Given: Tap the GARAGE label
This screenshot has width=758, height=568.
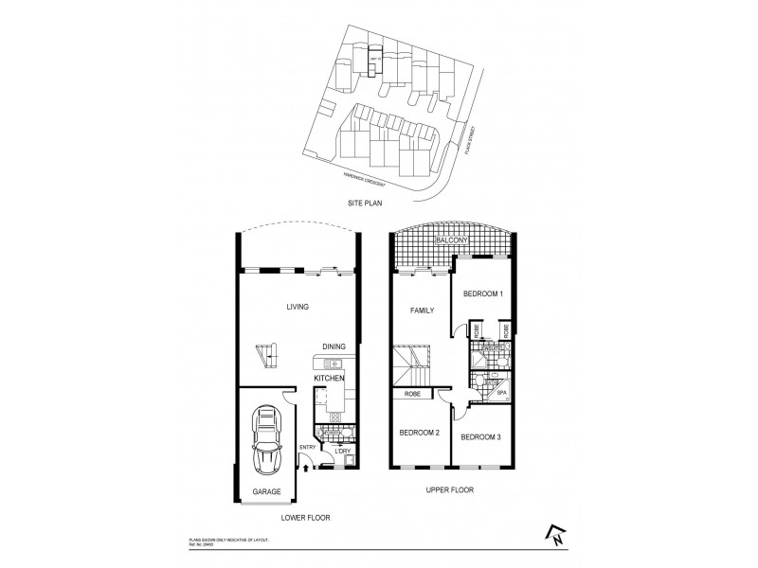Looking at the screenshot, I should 266,491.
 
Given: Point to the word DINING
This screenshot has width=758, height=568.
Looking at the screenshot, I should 334,346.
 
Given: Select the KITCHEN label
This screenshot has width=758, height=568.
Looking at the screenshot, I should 329,379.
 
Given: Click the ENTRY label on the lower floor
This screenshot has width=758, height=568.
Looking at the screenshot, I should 307,448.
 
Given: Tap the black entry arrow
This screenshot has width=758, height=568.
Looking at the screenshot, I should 305,463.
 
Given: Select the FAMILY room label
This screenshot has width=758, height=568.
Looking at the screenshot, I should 422,311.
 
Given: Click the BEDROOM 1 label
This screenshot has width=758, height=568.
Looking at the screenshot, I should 481,294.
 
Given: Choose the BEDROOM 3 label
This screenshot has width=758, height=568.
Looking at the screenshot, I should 480,437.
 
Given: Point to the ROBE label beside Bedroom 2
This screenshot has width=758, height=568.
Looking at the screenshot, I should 413,394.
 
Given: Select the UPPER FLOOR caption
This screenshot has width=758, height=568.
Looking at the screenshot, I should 450,489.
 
